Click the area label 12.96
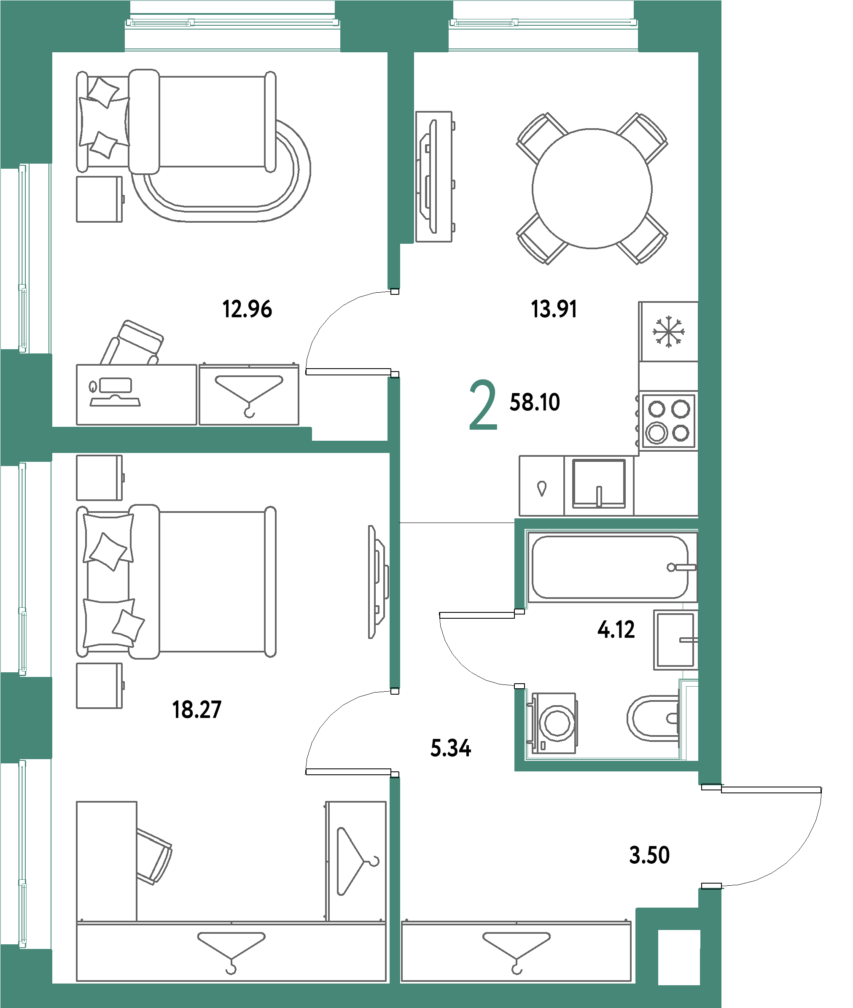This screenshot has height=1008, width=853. click(247, 309)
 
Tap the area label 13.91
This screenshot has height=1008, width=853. click(554, 309)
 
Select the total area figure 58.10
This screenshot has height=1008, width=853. click(535, 402)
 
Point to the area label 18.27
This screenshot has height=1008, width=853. click(197, 709)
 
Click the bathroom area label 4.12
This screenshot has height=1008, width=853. click(616, 630)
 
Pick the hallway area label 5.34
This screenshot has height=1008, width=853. click(451, 748)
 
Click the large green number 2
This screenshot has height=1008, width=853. click(483, 405)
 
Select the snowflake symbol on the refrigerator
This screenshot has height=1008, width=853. click(668, 332)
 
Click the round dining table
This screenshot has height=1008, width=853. click(592, 189)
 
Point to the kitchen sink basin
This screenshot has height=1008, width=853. click(599, 483)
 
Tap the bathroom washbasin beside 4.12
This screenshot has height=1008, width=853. click(675, 640)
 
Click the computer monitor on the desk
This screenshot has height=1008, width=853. click(115, 385)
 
